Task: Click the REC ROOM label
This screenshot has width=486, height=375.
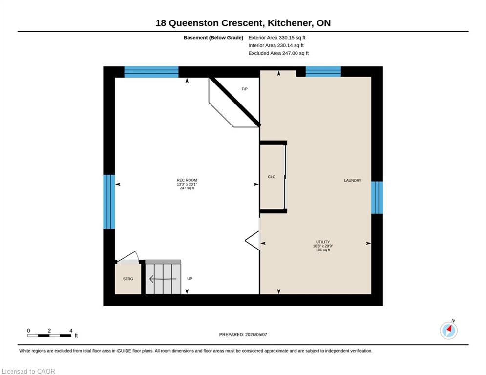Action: tap(187, 180)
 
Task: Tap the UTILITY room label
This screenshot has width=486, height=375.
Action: tap(323, 242)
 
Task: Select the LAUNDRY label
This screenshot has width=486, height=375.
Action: tap(353, 180)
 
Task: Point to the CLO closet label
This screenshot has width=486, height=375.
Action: tap(272, 177)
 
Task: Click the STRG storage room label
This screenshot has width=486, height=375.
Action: tap(128, 279)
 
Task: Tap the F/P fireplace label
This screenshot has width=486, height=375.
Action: tap(245, 89)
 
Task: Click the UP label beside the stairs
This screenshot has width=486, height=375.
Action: tap(190, 279)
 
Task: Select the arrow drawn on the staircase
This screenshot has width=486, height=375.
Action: tap(163, 279)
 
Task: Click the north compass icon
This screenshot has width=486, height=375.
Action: tap(448, 331)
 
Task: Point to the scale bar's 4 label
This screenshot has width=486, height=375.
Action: tap(71, 331)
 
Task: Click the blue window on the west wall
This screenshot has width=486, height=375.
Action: tap(109, 202)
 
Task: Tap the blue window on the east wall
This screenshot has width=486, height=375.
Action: tap(377, 198)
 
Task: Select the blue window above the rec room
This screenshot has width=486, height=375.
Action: tap(151, 72)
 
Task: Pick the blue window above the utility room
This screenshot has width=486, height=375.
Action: tap(323, 72)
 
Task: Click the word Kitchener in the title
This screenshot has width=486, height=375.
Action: tap(290, 23)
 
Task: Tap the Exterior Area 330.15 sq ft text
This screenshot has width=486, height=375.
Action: tap(277, 38)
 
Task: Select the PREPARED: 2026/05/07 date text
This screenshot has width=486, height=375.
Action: tap(243, 334)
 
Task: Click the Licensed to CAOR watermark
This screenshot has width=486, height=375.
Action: tap(28, 371)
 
